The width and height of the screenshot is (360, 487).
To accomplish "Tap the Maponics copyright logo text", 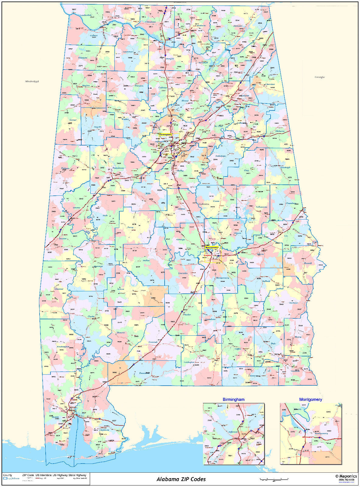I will tap(346, 476).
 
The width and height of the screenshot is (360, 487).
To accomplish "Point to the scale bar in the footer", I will tap(274, 479).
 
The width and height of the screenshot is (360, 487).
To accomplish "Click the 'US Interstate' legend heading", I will tap(44, 475).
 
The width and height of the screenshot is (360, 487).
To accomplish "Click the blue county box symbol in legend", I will tap(5, 478).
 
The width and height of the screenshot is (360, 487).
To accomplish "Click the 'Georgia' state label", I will tap(319, 77).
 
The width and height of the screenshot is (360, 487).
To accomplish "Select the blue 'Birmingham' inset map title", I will tap(233, 399).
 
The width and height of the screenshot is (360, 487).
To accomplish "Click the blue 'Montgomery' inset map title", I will tap(310, 399).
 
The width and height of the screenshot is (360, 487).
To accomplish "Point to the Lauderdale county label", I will tap(86, 15).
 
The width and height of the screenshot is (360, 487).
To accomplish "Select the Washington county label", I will tap(63, 347).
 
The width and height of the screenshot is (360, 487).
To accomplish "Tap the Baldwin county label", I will tap(104, 430).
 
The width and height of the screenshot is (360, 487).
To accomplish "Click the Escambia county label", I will tap(144, 373).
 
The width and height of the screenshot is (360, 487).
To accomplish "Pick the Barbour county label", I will tap(293, 303).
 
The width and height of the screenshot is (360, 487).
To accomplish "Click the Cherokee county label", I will tap(270, 84).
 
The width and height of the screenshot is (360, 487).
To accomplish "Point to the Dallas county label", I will tap(146, 261).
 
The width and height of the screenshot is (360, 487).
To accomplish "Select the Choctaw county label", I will tap(59, 289).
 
